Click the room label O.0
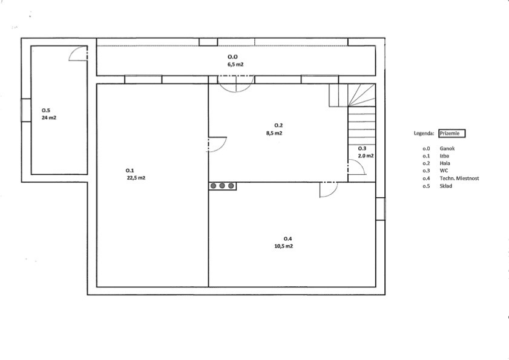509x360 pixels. (232, 57)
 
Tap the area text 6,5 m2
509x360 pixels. (235, 64)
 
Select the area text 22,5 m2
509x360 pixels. (136, 178)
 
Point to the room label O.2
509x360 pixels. (278, 125)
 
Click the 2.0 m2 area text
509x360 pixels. (366, 156)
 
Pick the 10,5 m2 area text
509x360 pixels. (284, 246)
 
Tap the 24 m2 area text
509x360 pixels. (49, 117)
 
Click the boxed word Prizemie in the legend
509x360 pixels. (452, 134)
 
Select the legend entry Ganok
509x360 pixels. (447, 149)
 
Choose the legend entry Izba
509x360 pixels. (444, 156)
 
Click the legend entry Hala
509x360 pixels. (445, 163)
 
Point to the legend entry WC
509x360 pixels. (444, 171)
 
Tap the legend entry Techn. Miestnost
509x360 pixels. (459, 178)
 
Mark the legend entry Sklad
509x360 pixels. (445, 186)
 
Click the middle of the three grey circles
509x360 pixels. (222, 186)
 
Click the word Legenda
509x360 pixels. (424, 134)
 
